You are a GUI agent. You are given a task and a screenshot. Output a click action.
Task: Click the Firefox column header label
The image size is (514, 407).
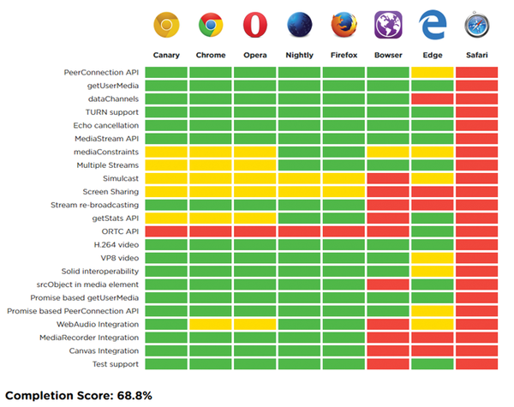(x=344, y=57)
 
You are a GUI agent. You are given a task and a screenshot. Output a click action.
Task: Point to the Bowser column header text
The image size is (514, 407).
(x=388, y=57)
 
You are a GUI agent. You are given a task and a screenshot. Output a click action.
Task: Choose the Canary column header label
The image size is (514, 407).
(x=166, y=57)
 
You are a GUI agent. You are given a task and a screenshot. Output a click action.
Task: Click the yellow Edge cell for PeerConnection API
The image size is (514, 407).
(x=433, y=72)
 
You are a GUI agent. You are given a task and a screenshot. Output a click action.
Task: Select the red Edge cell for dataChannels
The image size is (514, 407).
(x=433, y=99)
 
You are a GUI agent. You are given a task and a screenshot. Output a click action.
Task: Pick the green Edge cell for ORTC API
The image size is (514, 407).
(x=433, y=231)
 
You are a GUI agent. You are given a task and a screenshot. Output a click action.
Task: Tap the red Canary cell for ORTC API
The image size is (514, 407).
(x=166, y=231)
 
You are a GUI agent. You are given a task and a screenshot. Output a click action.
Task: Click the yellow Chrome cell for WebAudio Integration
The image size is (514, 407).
(x=211, y=324)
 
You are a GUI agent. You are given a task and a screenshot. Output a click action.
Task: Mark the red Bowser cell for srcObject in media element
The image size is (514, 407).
(x=388, y=284)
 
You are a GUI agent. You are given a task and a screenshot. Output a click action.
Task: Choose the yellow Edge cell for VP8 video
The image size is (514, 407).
(x=433, y=258)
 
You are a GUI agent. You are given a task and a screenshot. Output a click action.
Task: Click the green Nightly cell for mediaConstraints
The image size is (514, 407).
(x=300, y=152)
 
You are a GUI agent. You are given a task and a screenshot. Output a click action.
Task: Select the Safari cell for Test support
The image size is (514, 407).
(x=477, y=364)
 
